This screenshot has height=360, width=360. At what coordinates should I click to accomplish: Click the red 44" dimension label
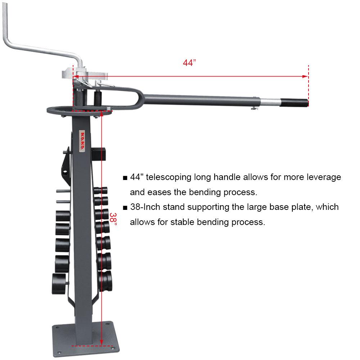pos(189,63)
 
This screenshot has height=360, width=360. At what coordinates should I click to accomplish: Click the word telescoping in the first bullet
pos(169,177)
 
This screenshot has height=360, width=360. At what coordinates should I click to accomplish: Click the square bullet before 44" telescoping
pos(125,178)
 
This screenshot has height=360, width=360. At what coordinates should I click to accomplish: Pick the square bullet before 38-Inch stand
pos(125,208)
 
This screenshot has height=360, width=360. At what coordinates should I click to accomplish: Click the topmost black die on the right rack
pos(101,190)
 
